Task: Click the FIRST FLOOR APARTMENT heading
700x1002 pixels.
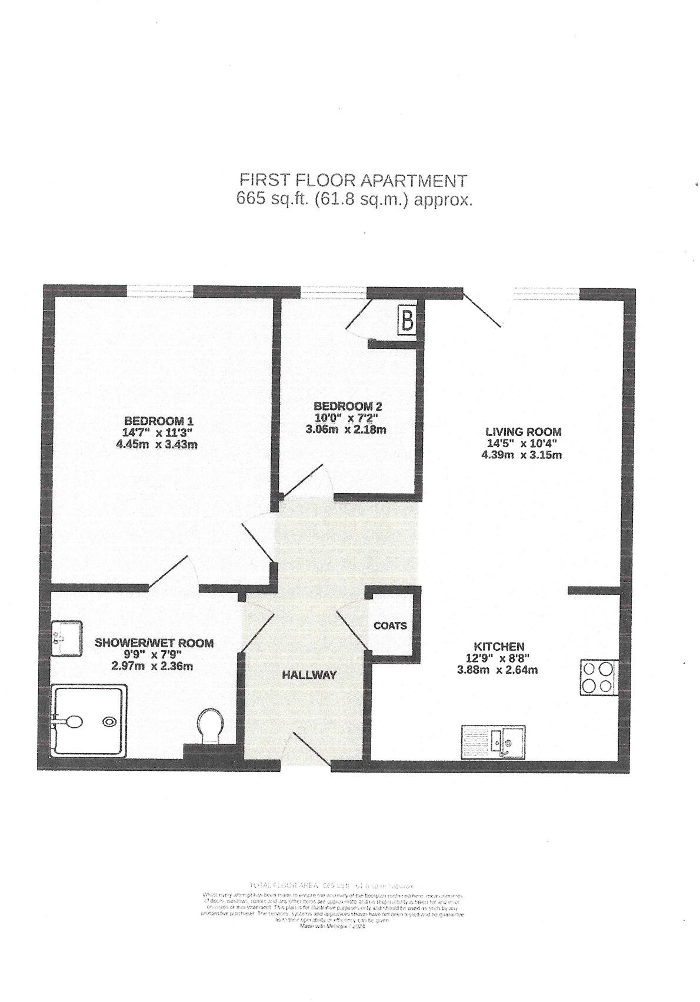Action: pos(353,180)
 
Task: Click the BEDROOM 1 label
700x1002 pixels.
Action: pos(158,421)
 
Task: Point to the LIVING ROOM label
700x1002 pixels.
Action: pos(523,432)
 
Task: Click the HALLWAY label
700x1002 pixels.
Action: pos(309,675)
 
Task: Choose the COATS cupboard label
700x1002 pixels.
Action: pos(390,625)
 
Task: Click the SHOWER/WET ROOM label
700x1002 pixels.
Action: pos(154,643)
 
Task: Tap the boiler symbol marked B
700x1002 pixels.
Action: pos(407,321)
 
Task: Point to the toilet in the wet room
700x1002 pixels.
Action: pos(210,726)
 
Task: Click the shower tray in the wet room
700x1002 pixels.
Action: pos(88,721)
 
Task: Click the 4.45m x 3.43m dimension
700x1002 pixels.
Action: pos(157,444)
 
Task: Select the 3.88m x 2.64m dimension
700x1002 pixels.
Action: pos(497,670)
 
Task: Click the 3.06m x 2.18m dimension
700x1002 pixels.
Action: pos(346,430)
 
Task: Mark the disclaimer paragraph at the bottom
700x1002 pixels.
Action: pos(333,909)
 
